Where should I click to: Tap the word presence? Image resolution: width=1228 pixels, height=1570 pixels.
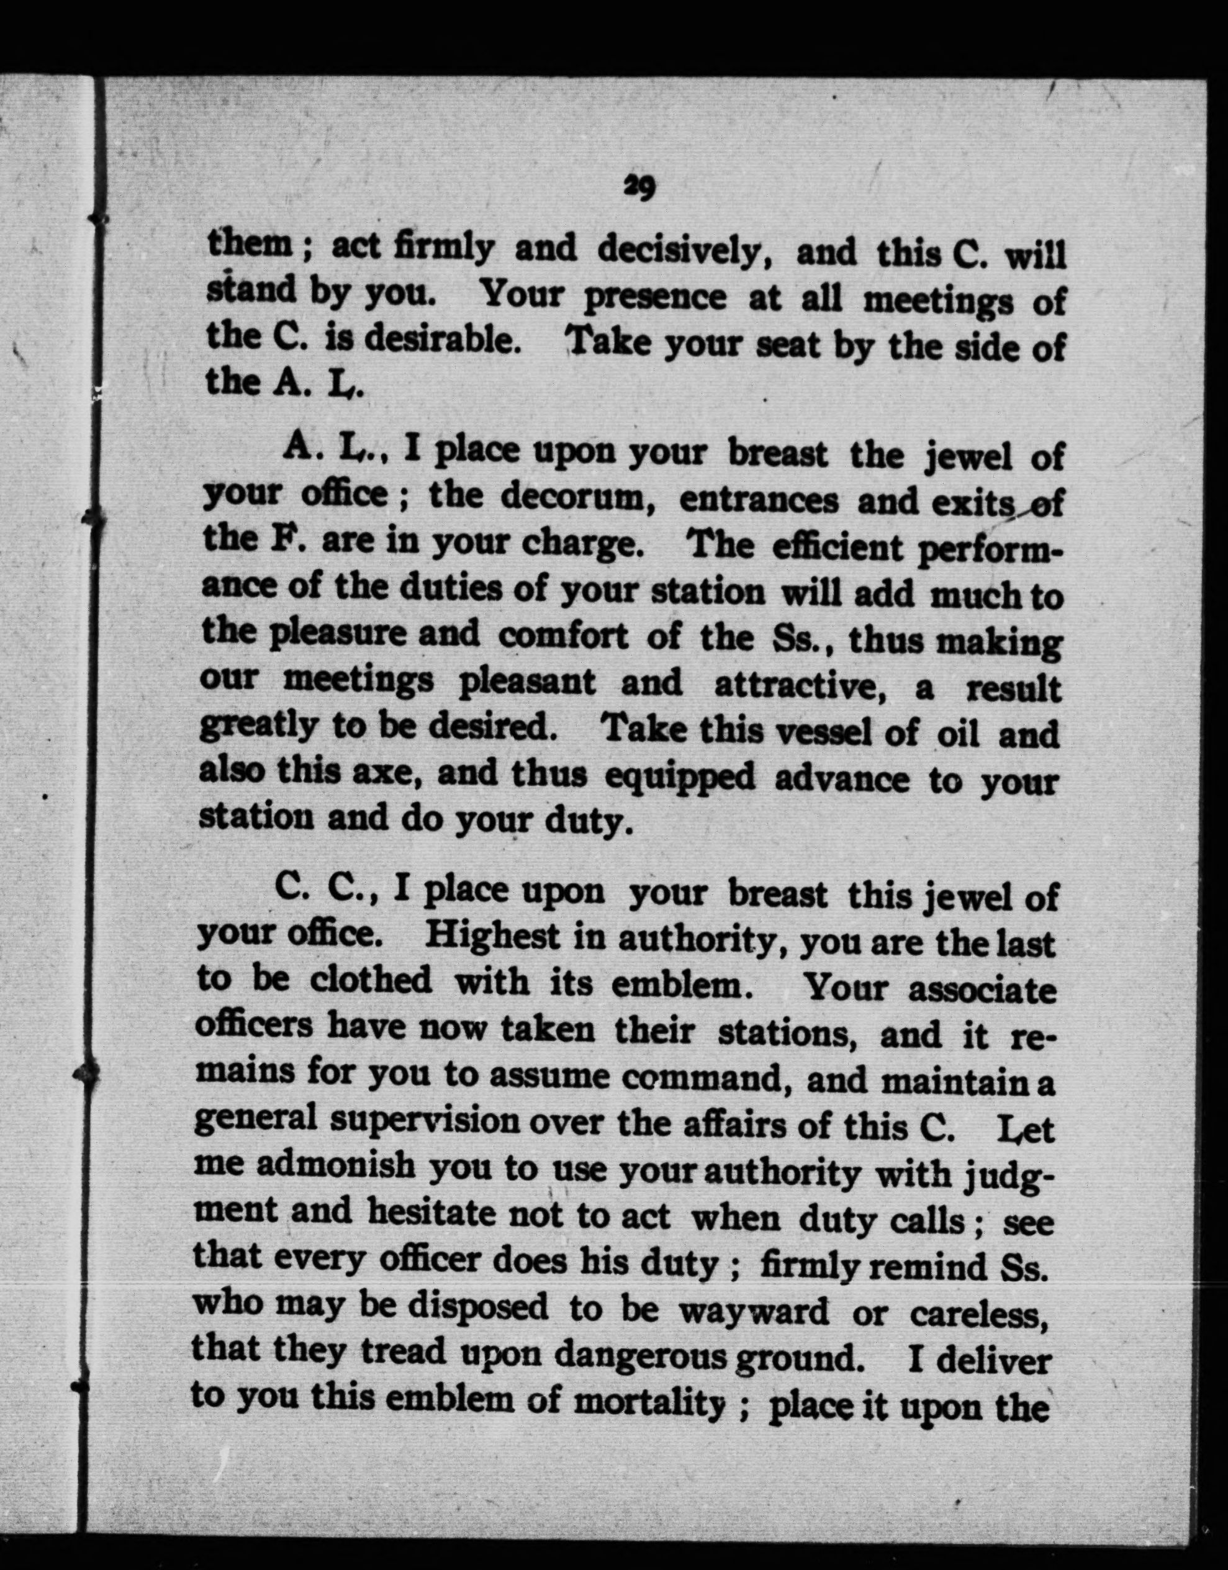coord(655,297)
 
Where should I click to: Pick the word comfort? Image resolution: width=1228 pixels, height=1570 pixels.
coord(563,637)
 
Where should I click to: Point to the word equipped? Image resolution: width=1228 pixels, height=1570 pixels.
coord(679,778)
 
